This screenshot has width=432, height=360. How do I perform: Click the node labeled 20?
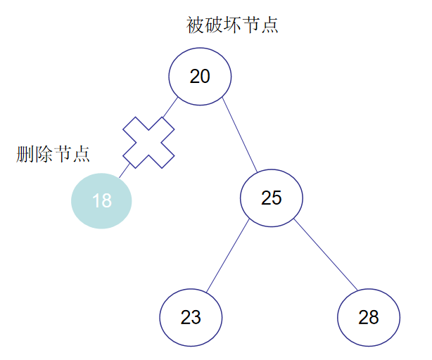click(x=201, y=76)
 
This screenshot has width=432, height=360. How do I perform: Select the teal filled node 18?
click(x=101, y=200)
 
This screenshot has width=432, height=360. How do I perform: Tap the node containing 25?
click(x=272, y=198)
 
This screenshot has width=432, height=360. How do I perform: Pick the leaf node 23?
click(x=191, y=317)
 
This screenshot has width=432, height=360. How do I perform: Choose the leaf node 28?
click(x=369, y=317)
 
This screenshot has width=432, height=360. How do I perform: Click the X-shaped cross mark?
click(x=148, y=142)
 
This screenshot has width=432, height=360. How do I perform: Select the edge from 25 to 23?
click(x=228, y=257)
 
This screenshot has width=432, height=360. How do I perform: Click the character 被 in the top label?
click(x=196, y=26)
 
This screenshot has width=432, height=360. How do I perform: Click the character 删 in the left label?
click(x=25, y=155)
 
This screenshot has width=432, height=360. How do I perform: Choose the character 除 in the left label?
click(x=44, y=155)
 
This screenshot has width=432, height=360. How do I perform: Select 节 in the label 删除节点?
click(x=62, y=155)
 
